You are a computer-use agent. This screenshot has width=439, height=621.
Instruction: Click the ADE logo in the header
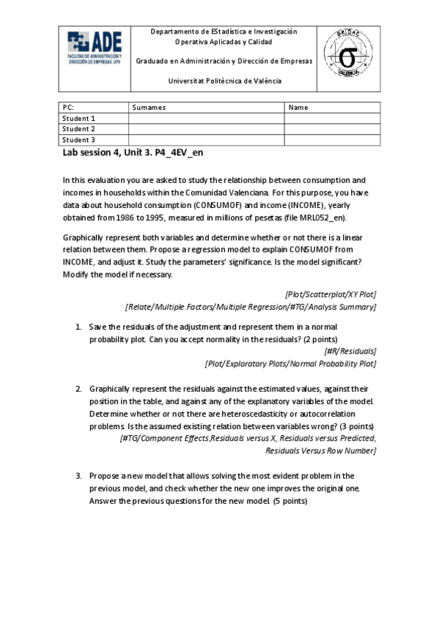pos(95,49)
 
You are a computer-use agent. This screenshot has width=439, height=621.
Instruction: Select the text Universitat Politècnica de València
pos(224,81)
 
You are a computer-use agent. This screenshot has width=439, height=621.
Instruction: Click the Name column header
pos(298,108)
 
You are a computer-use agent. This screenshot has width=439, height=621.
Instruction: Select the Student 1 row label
pos(79,119)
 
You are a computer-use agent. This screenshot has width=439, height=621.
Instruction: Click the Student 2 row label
pos(79,129)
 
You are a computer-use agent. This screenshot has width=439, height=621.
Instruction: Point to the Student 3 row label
pos(79,140)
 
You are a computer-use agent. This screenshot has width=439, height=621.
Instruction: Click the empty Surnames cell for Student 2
pos(206,129)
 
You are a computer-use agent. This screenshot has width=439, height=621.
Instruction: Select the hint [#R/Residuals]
pos(350,351)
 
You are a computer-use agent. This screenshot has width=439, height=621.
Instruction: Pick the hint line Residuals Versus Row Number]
pos(321,451)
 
